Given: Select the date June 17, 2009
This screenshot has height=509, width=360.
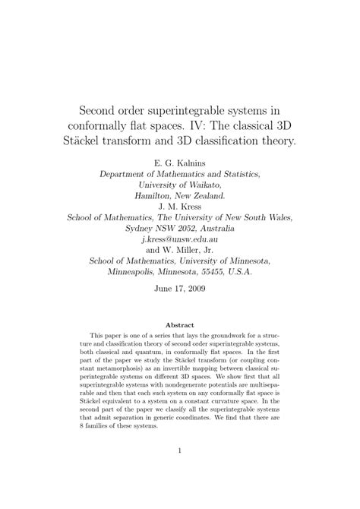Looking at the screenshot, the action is click(179, 289).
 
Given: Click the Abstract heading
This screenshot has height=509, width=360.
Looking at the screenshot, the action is click(179, 324).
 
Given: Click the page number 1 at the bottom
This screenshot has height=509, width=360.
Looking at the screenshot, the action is click(179, 472).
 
